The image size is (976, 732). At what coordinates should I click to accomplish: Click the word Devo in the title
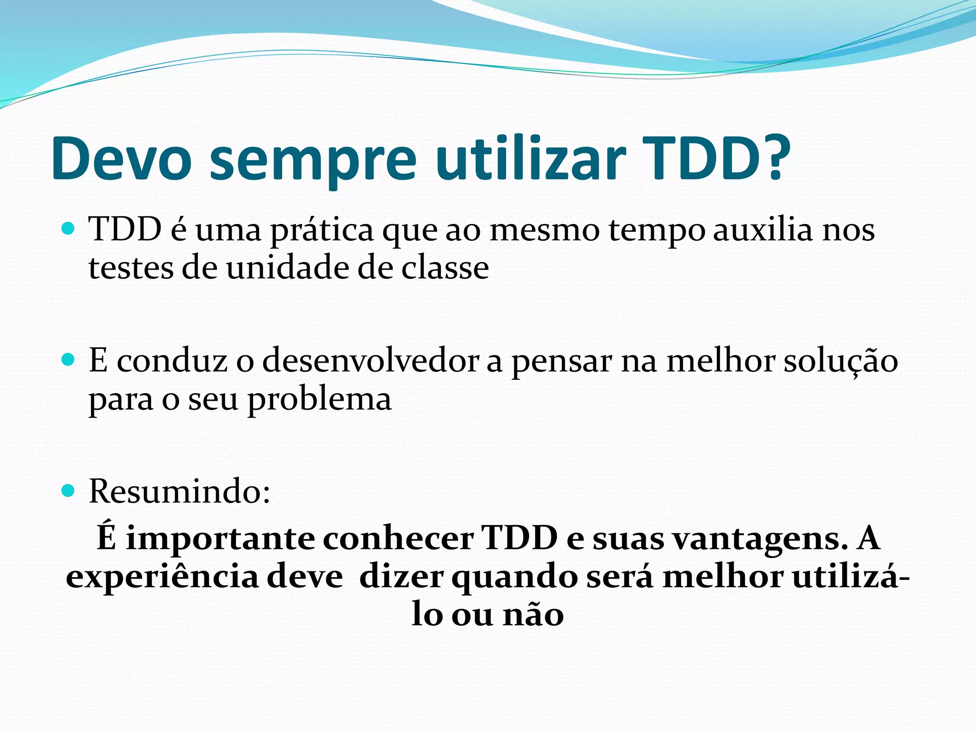click(122, 159)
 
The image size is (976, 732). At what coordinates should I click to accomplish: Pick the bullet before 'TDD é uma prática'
click(69, 229)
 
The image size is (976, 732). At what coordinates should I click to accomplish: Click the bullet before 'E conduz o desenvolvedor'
click(69, 359)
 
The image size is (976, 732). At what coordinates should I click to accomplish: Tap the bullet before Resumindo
click(69, 490)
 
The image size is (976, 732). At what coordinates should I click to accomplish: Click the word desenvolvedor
click(370, 361)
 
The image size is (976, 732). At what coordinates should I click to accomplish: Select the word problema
click(319, 400)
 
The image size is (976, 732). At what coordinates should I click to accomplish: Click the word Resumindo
click(179, 492)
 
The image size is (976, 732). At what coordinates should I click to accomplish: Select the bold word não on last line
click(534, 615)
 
